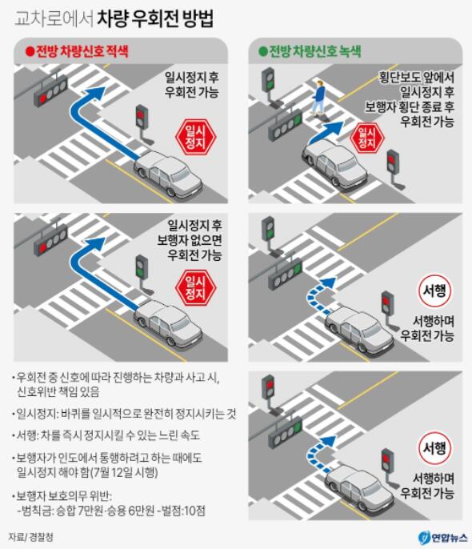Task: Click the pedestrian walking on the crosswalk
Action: pyautogui.click(x=318, y=98)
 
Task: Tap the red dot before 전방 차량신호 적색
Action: pyautogui.click(x=30, y=52)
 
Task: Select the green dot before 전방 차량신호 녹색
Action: pyautogui.click(x=262, y=52)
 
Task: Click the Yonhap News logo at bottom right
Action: pyautogui.click(x=442, y=538)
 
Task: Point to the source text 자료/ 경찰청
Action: pyautogui.click(x=30, y=537)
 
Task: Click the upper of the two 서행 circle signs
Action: pyautogui.click(x=434, y=291)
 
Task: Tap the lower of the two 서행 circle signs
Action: pyautogui.click(x=434, y=448)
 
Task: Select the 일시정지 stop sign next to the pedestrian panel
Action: pyautogui.click(x=367, y=138)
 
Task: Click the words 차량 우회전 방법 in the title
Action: pyautogui.click(x=154, y=18)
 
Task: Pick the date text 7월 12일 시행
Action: pyautogui.click(x=123, y=472)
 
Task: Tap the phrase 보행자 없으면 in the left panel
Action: pyautogui.click(x=190, y=240)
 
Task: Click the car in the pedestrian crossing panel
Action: pyautogui.click(x=335, y=165)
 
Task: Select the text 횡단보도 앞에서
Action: pyautogui.click(x=417, y=77)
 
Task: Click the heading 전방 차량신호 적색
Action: pyautogui.click(x=82, y=52)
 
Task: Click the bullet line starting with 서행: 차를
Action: pyautogui.click(x=106, y=435)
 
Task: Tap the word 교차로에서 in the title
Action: pyautogui.click(x=54, y=19)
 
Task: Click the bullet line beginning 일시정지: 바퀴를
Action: pyautogui.click(x=124, y=414)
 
